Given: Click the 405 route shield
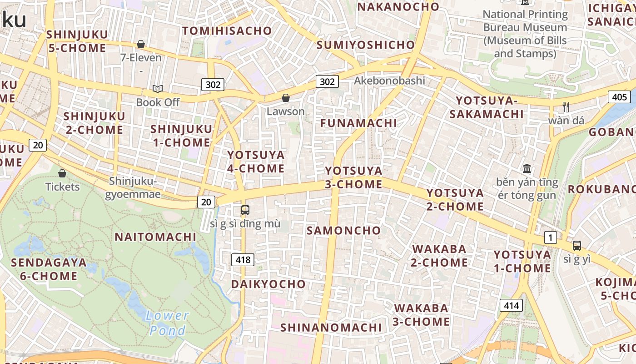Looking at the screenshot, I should (619, 96).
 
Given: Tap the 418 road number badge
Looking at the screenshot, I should (243, 260).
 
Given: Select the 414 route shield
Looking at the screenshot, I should (511, 305).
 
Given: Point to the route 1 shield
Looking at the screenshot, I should (551, 237).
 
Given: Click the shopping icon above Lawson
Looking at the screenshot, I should (286, 98).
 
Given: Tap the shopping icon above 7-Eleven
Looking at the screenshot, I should (141, 44).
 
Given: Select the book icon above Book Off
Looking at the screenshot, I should (158, 89).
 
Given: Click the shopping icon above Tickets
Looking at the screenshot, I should (62, 173).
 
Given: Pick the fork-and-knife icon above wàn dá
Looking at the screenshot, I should (566, 107).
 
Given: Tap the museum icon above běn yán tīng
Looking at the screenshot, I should (527, 169).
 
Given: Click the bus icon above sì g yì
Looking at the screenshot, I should (576, 246).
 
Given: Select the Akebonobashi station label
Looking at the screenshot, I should (389, 81).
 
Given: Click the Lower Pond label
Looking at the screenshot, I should (168, 323).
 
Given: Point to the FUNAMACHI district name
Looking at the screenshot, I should (358, 123).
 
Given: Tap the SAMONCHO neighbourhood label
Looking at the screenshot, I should (343, 230).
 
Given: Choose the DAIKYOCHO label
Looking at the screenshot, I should (268, 284).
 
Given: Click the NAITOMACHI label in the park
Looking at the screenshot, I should (155, 237).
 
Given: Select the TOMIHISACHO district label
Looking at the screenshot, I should (227, 31).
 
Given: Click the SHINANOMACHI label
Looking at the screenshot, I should (331, 327).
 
